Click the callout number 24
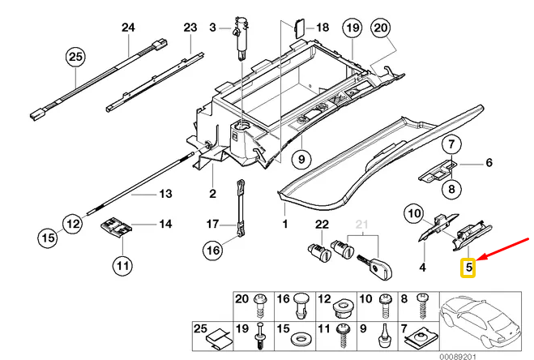[x=127, y=28]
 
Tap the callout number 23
[x=190, y=28]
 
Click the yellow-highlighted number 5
[x=468, y=265]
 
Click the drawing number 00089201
[x=503, y=355]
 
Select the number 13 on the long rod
[x=165, y=194]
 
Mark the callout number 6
[x=489, y=164]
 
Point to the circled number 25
[x=75, y=57]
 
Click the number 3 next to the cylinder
[x=213, y=28]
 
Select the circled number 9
[x=299, y=157]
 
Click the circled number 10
[x=413, y=213]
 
